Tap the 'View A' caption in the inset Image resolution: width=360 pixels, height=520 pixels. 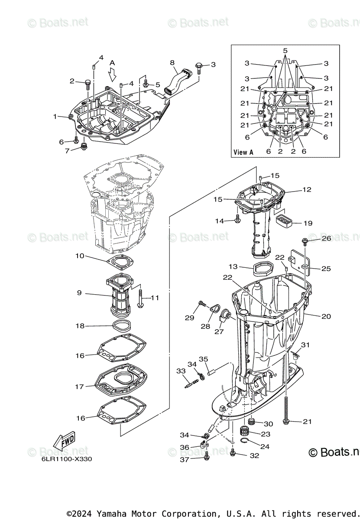243,152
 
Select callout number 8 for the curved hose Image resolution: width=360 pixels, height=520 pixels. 172,63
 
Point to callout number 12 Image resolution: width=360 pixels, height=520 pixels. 307,190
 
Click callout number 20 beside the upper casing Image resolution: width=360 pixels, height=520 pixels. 326,316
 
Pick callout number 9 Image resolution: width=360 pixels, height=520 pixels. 79,293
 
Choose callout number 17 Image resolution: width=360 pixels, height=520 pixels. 79,387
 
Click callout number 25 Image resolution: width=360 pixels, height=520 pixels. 326,269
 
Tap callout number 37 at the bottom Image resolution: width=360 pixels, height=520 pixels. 185,460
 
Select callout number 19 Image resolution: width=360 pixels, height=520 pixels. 308,223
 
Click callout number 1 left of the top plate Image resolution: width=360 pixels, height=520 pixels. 55,116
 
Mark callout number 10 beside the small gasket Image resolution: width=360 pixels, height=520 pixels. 80,256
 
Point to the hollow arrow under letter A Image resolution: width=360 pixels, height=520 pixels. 113,76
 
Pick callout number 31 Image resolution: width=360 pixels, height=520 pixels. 306,345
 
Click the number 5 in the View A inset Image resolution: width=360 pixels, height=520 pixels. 285,51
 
